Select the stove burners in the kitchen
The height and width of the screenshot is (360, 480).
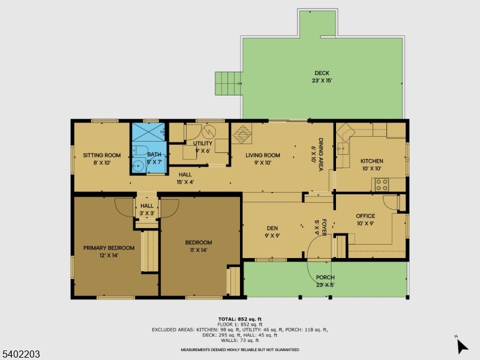[x=382, y=184]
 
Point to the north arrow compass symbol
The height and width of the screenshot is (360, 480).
[x=461, y=346]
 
